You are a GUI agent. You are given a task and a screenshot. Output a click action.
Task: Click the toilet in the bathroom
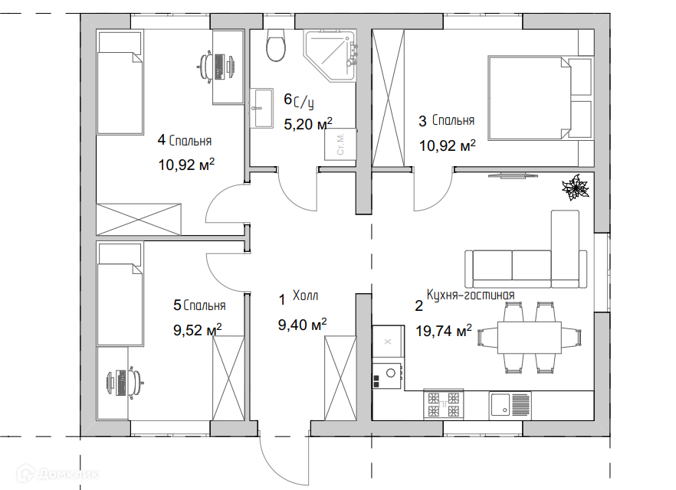pyautogui.click(x=276, y=45)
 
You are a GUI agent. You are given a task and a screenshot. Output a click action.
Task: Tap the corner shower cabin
pyautogui.click(x=330, y=56)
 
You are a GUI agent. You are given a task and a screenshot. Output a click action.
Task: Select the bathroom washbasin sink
pyautogui.click(x=261, y=109)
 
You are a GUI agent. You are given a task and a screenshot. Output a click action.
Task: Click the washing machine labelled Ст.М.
pyautogui.click(x=340, y=144)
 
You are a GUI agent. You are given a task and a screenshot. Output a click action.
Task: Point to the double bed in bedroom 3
pyautogui.click(x=540, y=98)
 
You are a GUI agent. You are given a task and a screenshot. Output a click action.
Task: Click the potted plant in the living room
pyautogui.click(x=575, y=188)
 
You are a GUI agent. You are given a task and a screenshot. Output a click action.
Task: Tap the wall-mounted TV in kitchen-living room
pyautogui.click(x=513, y=175)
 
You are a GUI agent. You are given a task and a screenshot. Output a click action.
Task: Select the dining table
pyautogui.click(x=530, y=338)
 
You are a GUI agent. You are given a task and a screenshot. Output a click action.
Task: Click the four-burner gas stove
pyautogui.click(x=443, y=404)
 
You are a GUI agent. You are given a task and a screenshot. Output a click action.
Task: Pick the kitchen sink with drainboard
pyautogui.click(x=510, y=406)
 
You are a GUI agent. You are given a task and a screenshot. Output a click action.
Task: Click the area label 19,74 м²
pyautogui.click(x=444, y=331)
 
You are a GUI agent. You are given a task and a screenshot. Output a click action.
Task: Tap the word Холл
pyautogui.click(x=305, y=296)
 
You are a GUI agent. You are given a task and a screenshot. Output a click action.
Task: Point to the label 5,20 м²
pyautogui.click(x=308, y=124)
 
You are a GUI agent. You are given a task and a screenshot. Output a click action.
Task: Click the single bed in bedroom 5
pyautogui.click(x=120, y=294)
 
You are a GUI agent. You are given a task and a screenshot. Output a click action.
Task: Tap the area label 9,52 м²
pyautogui.click(x=198, y=330)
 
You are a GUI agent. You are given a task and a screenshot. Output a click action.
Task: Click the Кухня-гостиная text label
pyautogui.click(x=471, y=295)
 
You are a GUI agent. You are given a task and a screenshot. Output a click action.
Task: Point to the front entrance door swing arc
pyautogui.click(x=276, y=467)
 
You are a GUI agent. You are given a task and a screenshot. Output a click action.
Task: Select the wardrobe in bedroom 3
pyautogui.click(x=389, y=98)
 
